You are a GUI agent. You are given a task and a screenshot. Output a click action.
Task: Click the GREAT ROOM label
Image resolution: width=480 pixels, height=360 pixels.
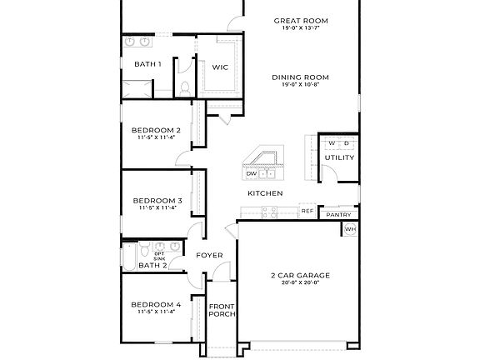pyautogui.click(x=300, y=21)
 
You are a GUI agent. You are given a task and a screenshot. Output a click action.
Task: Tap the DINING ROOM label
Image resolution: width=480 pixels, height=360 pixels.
pyautogui.click(x=300, y=77)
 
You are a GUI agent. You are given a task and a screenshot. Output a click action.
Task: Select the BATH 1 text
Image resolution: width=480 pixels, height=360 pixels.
pyautogui.click(x=147, y=64)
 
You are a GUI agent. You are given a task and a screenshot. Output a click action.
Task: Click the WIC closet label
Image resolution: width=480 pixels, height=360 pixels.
pyautogui.click(x=220, y=67)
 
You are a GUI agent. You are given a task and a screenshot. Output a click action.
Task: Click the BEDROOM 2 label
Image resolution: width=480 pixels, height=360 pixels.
pyautogui.click(x=156, y=130)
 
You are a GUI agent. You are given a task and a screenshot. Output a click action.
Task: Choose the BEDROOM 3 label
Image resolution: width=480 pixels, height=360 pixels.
pyautogui.click(x=157, y=201)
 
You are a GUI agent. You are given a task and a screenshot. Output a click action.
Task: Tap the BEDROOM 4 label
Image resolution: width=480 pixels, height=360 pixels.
pyautogui.click(x=156, y=305)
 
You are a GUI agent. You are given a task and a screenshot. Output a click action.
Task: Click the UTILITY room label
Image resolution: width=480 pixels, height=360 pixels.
pyautogui.click(x=339, y=157)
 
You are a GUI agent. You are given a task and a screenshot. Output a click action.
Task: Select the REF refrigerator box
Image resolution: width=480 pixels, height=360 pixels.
pyautogui.click(x=307, y=212)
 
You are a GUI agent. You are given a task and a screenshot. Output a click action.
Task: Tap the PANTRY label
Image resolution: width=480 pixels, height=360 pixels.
pyautogui.click(x=338, y=215)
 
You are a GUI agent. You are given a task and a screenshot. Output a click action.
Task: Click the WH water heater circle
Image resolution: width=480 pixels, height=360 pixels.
pyautogui.click(x=350, y=229)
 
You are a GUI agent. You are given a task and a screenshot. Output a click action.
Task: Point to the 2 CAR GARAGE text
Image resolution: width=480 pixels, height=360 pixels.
pyautogui.click(x=300, y=275)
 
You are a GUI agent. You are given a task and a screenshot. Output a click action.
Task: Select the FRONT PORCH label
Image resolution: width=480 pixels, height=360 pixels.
pyautogui.click(x=221, y=310)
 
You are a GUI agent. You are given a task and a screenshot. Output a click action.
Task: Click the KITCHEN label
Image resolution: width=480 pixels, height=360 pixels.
pyautogui.click(x=265, y=193)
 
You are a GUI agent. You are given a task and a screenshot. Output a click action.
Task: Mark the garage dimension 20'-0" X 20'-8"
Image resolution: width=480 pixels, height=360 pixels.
pyautogui.click(x=300, y=283)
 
